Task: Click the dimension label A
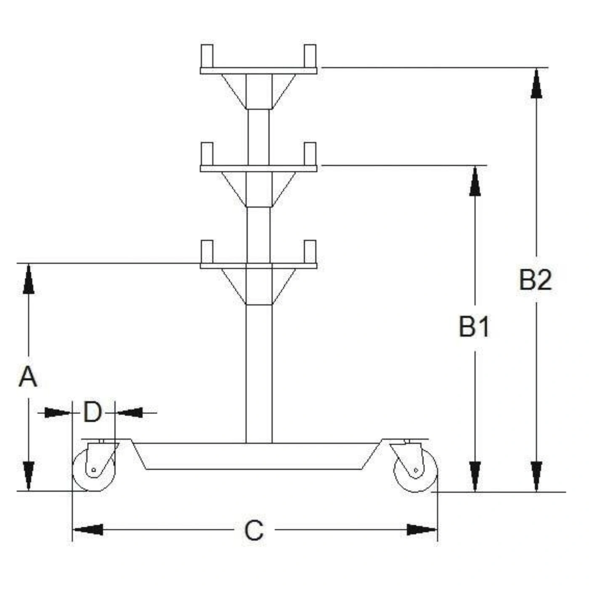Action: click(x=28, y=377)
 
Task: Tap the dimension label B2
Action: click(x=536, y=280)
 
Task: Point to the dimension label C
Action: click(x=254, y=531)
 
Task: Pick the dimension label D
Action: click(x=92, y=412)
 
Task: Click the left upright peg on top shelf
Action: click(x=207, y=56)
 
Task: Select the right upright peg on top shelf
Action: click(x=310, y=56)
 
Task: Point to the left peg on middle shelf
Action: click(x=207, y=154)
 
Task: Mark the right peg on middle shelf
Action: click(x=310, y=154)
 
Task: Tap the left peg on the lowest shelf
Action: click(x=207, y=252)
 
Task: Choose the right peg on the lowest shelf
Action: click(x=310, y=252)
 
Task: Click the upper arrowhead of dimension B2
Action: click(x=536, y=83)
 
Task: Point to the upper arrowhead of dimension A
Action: click(x=29, y=279)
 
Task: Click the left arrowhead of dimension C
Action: click(x=88, y=530)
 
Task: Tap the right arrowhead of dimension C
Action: click(x=422, y=530)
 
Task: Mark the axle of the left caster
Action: click(x=94, y=470)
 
